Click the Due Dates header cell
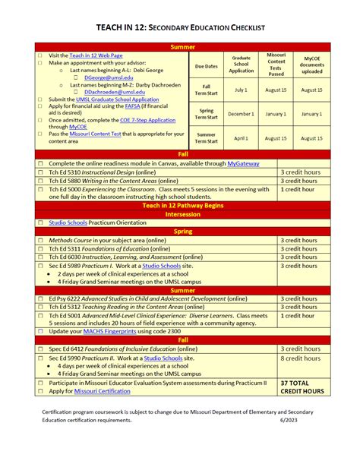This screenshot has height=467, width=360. click(206, 66)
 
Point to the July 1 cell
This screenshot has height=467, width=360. click(241, 90)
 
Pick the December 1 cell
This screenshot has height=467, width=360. click(241, 114)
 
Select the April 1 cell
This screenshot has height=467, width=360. click(241, 138)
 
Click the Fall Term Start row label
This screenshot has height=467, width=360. click(206, 90)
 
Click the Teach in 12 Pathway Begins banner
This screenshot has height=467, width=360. click(183, 205)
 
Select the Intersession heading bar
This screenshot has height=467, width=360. click(183, 214)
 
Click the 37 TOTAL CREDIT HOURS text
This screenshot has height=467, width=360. click(302, 387)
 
